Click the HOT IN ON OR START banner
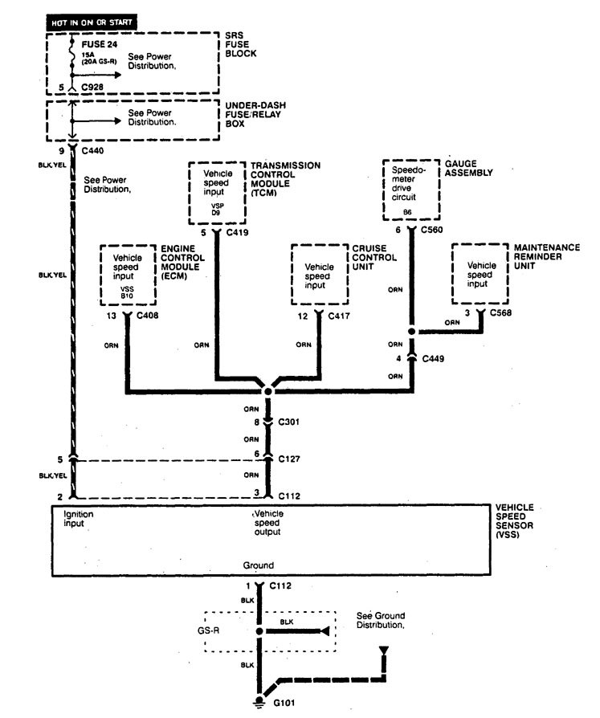[92, 23]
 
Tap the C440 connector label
[93, 149]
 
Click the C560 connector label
[432, 230]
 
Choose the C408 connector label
[149, 316]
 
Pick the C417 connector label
[337, 316]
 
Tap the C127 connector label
[288, 459]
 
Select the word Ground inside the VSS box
[259, 565]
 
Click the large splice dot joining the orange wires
[267, 389]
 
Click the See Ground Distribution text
[380, 619]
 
